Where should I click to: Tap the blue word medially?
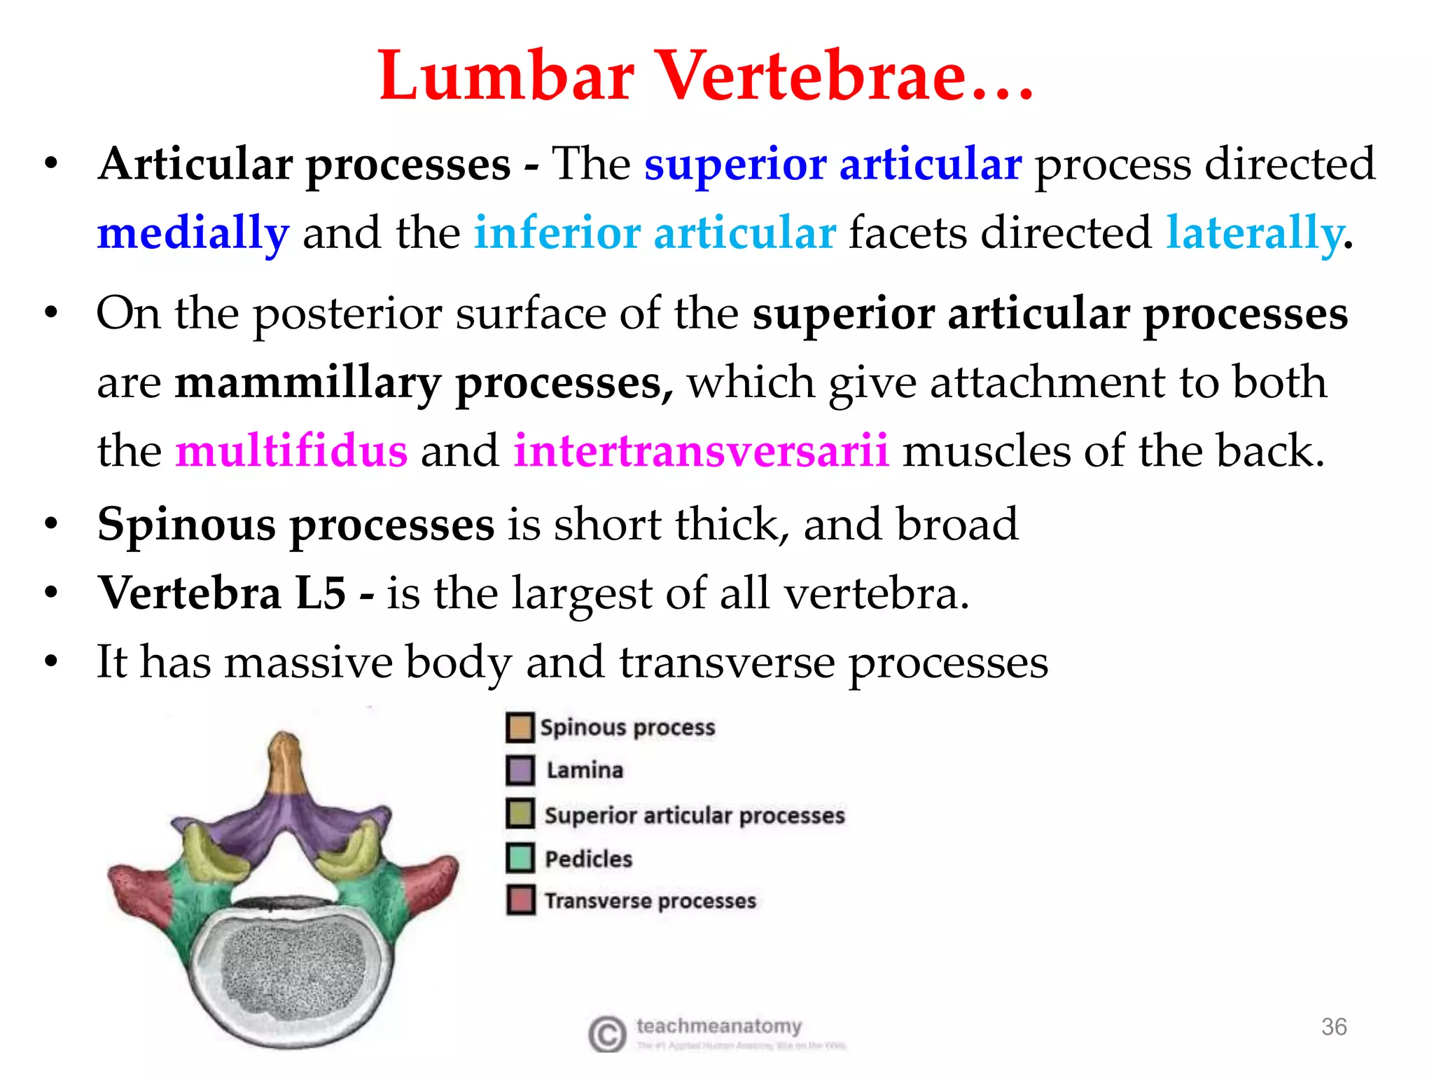coord(193,233)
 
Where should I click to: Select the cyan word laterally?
coord(1254,233)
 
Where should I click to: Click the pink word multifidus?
coord(291,450)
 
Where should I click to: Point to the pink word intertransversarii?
coord(701,450)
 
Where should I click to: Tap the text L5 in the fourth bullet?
coord(320,593)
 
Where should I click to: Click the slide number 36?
coord(1333,1027)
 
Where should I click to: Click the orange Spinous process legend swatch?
coord(520,727)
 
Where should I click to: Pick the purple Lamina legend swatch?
coord(520,771)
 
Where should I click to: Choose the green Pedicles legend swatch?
coord(520,858)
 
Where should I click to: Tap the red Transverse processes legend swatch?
coord(520,900)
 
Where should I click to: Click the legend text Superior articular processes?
coord(695,815)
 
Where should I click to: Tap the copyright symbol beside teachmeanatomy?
coord(606,1034)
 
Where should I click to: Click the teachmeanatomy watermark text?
coord(718,1026)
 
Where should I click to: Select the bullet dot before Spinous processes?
coord(50,525)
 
